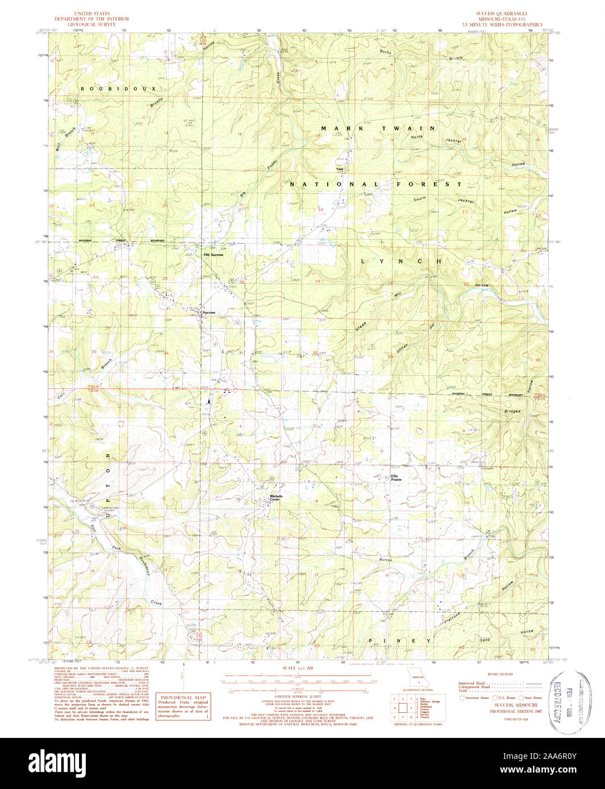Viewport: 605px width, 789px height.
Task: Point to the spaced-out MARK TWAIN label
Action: (x=378, y=128)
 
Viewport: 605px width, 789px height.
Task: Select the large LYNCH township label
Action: (x=401, y=261)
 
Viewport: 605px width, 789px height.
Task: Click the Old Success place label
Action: (x=213, y=254)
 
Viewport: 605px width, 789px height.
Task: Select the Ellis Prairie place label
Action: (x=397, y=478)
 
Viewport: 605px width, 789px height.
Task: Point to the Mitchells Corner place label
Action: (x=276, y=497)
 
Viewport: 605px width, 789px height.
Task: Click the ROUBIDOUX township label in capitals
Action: (x=118, y=89)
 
